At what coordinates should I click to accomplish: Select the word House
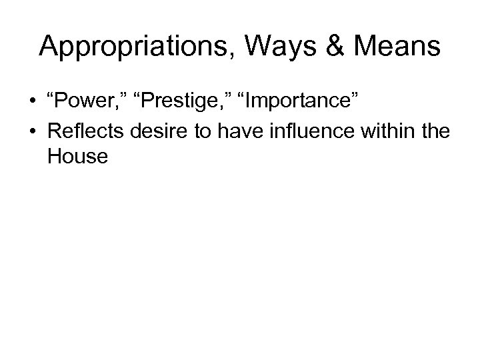coord(77,157)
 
